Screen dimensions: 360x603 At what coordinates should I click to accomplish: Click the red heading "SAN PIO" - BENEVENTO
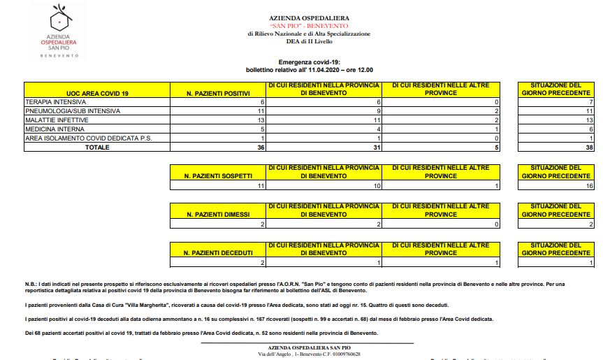click(x=309, y=26)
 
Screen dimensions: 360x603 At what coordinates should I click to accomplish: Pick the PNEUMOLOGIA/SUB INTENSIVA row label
click(x=73, y=111)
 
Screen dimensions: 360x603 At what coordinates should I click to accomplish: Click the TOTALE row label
click(x=97, y=147)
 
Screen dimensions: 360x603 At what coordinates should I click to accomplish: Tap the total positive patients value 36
click(x=261, y=147)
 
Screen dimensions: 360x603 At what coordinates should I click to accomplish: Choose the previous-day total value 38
click(x=588, y=147)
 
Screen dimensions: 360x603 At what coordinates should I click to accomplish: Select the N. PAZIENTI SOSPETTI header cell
click(x=219, y=175)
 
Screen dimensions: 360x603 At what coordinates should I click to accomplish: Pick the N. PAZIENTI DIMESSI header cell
click(x=219, y=214)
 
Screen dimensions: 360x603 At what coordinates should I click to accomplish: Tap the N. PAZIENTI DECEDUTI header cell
click(x=219, y=252)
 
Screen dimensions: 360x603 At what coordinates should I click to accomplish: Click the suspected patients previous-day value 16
click(x=588, y=186)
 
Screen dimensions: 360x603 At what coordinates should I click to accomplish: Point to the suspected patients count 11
click(x=261, y=186)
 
